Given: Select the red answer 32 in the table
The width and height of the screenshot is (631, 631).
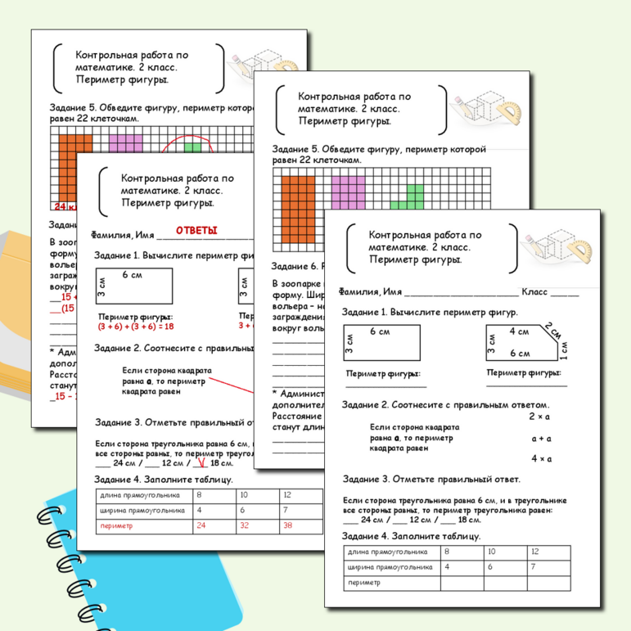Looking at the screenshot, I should click(x=244, y=526).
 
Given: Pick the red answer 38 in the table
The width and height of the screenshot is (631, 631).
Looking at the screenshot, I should click(x=287, y=526).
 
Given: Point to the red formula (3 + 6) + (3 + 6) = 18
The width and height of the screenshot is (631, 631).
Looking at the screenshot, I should click(x=137, y=325).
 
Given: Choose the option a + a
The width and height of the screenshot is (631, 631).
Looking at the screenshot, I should click(x=541, y=438).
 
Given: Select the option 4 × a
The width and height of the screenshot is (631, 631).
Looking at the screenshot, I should click(x=541, y=459).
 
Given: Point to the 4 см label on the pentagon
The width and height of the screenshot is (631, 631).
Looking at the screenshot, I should click(x=519, y=331).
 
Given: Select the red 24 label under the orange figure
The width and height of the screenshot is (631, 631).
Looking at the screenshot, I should click(x=61, y=206).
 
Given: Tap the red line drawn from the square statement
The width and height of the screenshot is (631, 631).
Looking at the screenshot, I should click(x=237, y=383).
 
